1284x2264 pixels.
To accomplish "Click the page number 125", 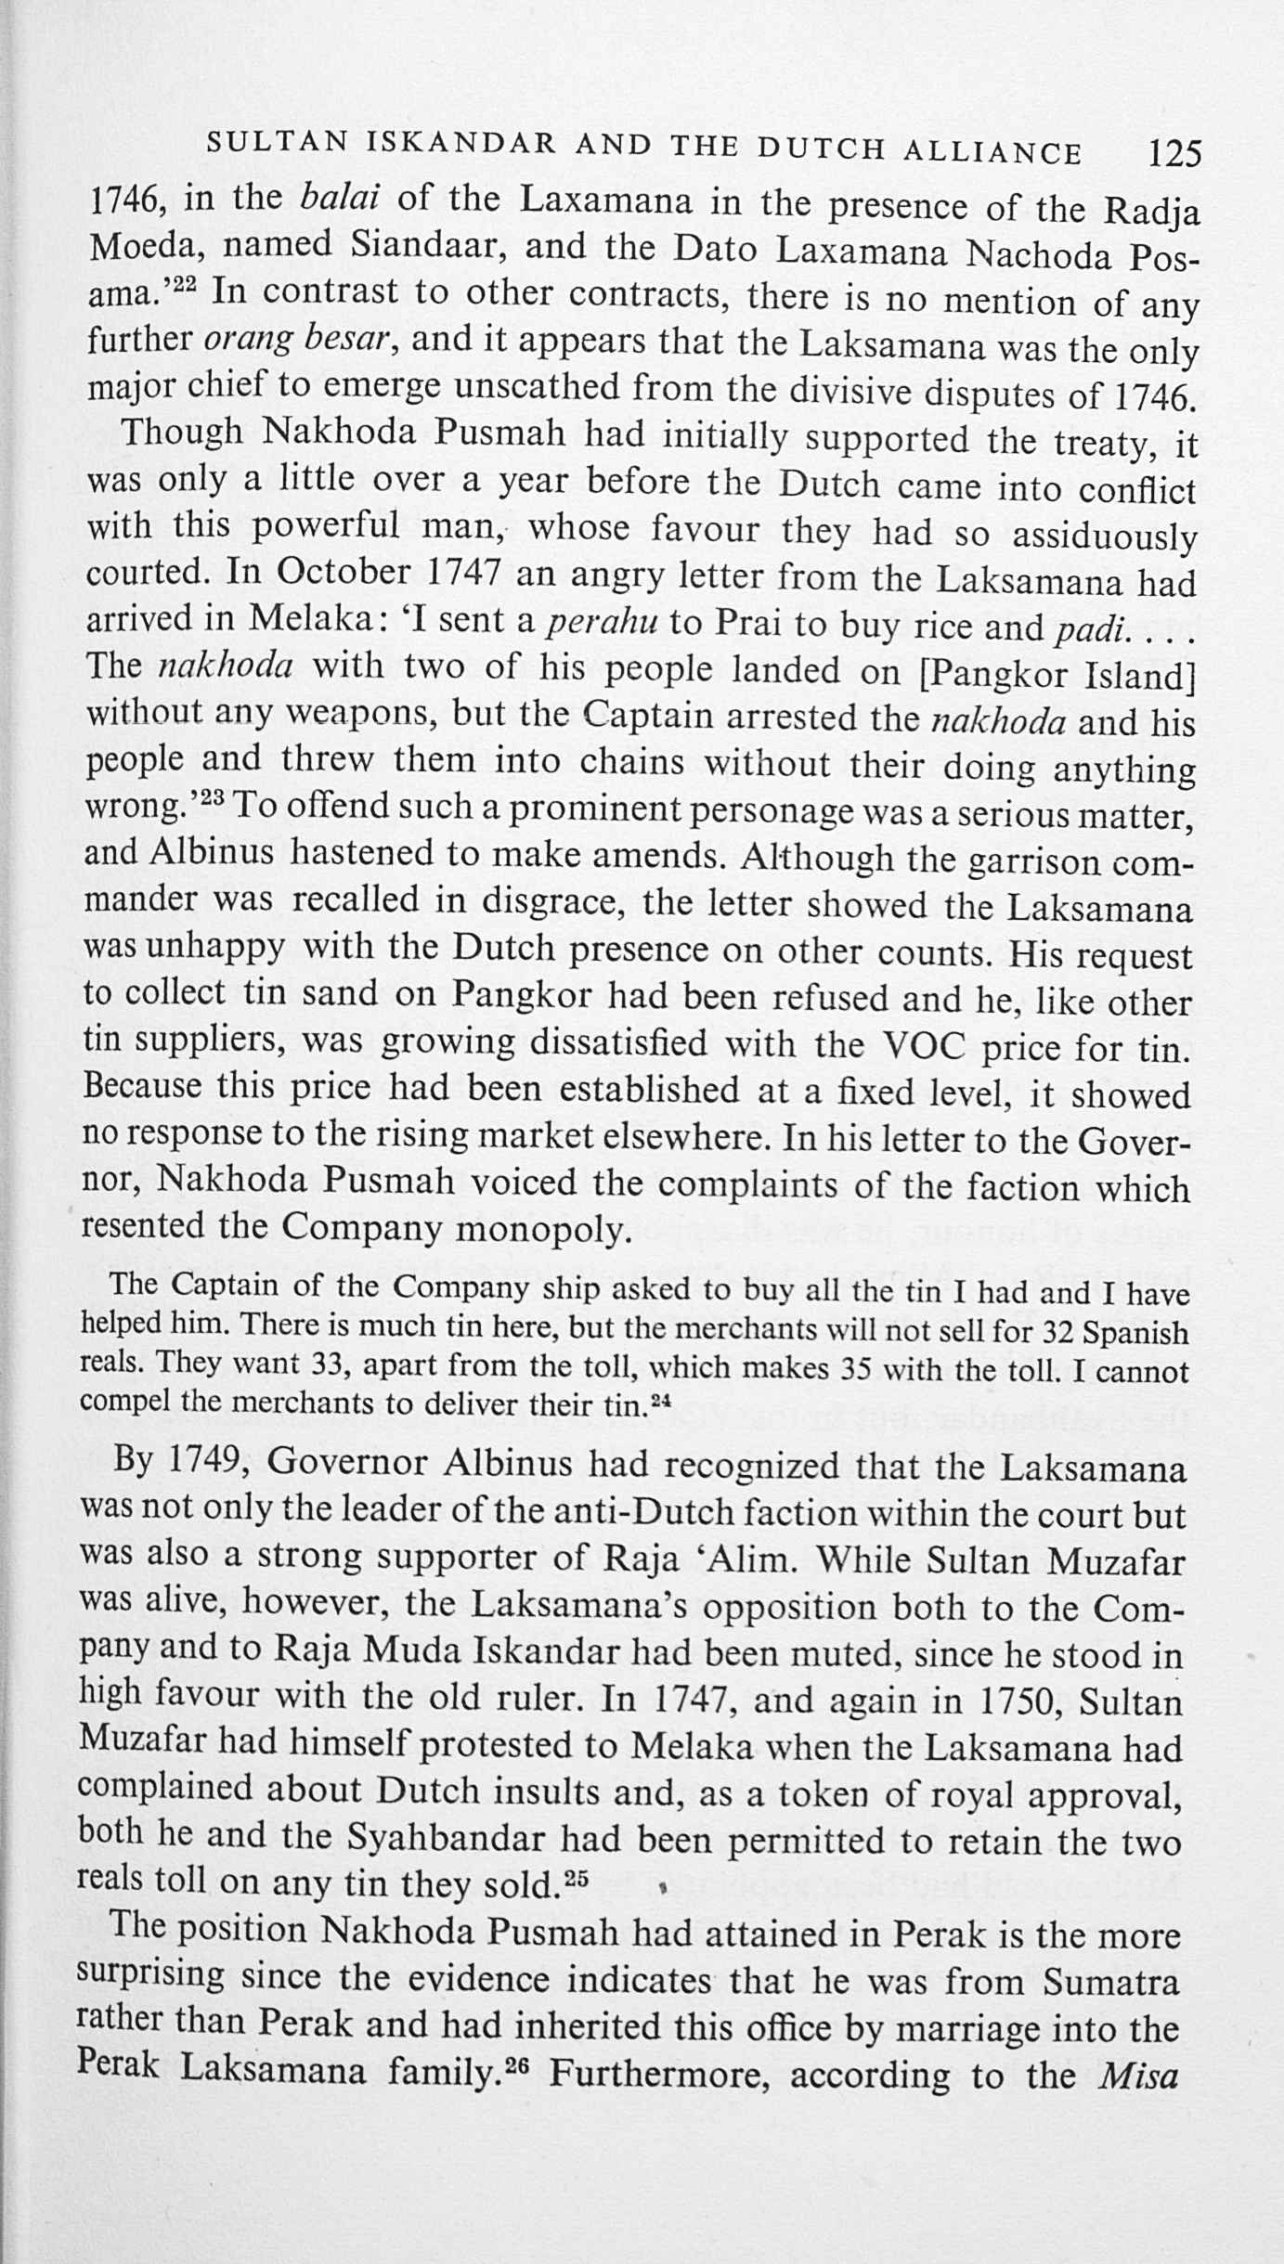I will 1174,152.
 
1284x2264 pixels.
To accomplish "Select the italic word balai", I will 344,198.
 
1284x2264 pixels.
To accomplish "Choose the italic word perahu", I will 600,623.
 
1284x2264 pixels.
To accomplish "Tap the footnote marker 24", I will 660,1402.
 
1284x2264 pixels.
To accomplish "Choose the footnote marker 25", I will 577,1881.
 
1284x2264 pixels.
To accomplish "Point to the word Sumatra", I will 1110,1983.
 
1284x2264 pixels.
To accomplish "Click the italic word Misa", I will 1137,2076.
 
